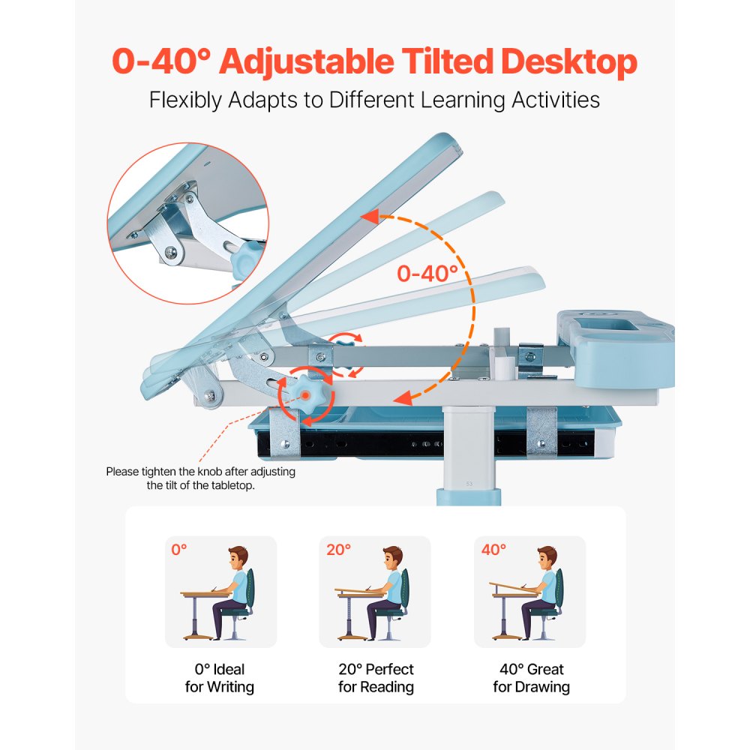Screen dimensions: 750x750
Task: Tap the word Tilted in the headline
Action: click(456, 62)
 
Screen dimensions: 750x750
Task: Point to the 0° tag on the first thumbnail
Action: click(179, 550)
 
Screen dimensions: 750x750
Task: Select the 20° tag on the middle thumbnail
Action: click(338, 550)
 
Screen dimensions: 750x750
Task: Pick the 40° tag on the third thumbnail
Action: click(493, 550)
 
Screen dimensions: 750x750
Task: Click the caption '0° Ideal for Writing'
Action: click(220, 678)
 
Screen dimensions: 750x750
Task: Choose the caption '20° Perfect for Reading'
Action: click(376, 678)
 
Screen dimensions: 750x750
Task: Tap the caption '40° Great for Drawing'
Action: click(531, 678)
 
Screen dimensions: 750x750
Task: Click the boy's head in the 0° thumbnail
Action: click(237, 558)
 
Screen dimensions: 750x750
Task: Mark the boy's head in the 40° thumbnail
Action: click(547, 558)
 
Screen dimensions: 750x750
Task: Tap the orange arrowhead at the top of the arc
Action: click(369, 217)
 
